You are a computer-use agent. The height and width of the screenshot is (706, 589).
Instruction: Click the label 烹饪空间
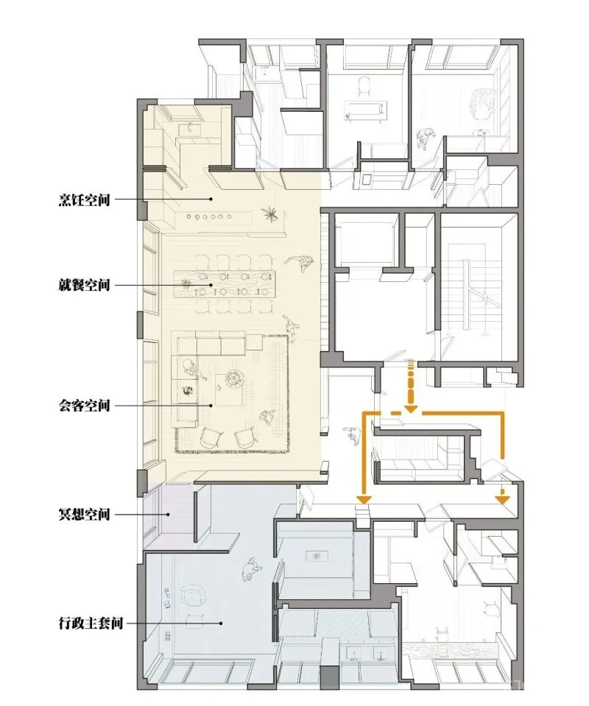(x=85, y=199)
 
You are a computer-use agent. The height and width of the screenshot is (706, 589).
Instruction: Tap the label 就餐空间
(x=85, y=285)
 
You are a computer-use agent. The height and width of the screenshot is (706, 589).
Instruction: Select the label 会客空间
(x=85, y=405)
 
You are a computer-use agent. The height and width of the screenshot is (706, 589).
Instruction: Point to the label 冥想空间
(x=85, y=514)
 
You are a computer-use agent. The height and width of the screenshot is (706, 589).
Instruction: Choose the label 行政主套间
(x=91, y=623)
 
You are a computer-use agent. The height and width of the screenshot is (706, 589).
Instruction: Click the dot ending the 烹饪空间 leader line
(x=211, y=199)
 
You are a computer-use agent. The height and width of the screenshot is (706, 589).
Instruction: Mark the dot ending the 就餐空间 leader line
(x=211, y=285)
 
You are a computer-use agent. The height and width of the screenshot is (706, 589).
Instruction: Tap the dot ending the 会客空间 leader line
(x=211, y=405)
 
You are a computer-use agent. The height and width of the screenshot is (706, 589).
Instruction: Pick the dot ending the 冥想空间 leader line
(x=168, y=514)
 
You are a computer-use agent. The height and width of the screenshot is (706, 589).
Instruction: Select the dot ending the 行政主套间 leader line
(x=221, y=624)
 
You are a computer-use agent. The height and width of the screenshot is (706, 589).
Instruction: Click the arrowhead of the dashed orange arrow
(x=411, y=409)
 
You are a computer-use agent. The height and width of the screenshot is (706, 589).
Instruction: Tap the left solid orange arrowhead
(x=364, y=499)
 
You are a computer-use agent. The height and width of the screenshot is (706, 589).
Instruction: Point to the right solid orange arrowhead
(x=503, y=499)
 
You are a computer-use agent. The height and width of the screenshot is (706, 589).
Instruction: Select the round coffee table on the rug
(x=235, y=378)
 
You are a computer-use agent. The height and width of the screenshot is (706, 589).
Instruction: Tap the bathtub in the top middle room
(x=365, y=110)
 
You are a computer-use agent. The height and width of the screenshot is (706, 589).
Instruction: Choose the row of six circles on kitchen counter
(x=208, y=216)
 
